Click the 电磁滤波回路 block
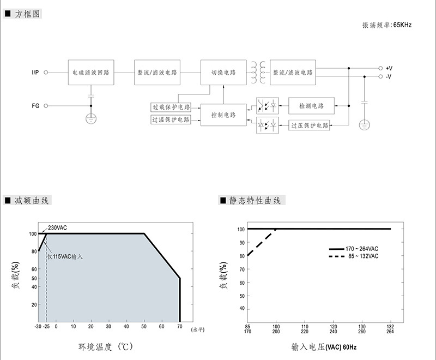click(x=91, y=73)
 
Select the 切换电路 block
click(x=223, y=73)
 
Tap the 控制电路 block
click(x=223, y=115)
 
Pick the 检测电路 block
click(x=311, y=106)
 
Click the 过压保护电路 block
click(x=309, y=125)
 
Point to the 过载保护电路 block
click(x=171, y=107)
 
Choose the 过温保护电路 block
click(x=171, y=119)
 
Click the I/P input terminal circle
click(x=46, y=73)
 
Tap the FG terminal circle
click(x=46, y=106)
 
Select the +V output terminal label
click(x=389, y=68)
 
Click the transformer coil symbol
click(x=258, y=73)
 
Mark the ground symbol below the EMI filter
click(x=91, y=119)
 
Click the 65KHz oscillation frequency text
click(x=402, y=25)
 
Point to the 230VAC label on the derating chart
click(x=57, y=228)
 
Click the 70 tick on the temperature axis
click(x=180, y=326)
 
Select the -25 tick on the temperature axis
click(x=46, y=326)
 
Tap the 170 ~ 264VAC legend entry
click(x=354, y=249)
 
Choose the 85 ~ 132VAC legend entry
click(x=354, y=256)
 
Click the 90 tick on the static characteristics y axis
click(x=242, y=243)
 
